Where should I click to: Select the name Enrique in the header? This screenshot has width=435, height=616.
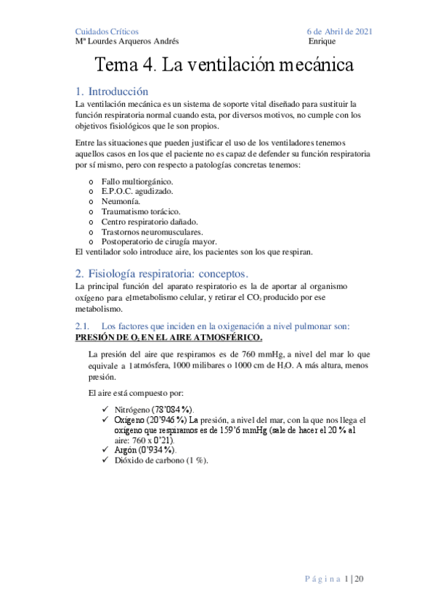(321, 41)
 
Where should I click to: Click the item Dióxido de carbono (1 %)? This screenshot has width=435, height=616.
(160, 461)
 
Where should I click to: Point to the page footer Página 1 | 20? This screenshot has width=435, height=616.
(340, 578)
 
